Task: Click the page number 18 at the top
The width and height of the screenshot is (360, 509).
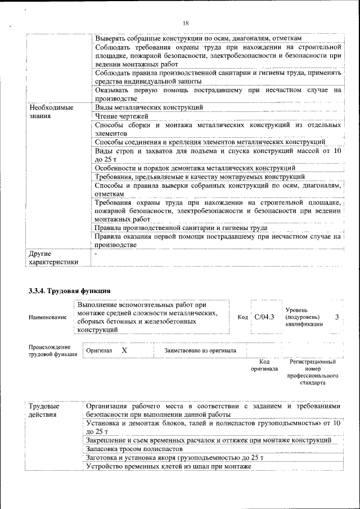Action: (186, 23)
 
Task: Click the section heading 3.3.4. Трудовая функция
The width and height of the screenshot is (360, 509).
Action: (69, 290)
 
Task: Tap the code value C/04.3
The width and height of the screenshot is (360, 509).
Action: (264, 317)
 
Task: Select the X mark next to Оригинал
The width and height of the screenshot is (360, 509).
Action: (124, 350)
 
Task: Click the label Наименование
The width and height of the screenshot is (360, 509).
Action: (47, 318)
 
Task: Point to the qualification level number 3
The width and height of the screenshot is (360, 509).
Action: (336, 317)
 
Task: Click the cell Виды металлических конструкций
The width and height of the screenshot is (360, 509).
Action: (149, 107)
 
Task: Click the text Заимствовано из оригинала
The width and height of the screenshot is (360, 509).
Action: (200, 351)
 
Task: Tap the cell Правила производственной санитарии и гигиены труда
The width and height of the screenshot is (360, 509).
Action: (181, 228)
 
